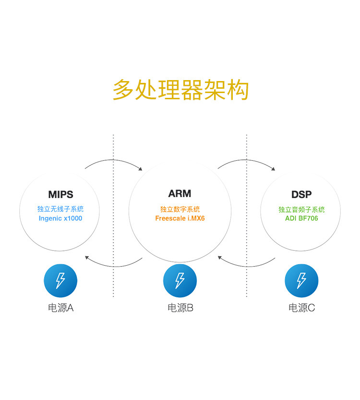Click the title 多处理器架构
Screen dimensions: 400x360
[180, 90]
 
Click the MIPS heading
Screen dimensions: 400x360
[60, 194]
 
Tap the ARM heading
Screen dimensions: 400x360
[180, 193]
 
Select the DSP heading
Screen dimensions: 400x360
[301, 194]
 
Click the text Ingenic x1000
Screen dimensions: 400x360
[60, 218]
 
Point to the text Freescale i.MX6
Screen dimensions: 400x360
[180, 218]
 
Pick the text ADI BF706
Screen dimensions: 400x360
[301, 218]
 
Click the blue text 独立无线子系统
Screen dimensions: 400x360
[60, 209]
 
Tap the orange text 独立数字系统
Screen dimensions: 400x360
[180, 209]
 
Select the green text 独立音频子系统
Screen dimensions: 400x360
[301, 210]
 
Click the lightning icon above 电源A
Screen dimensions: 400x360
[60, 281]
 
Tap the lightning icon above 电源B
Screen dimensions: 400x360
[180, 281]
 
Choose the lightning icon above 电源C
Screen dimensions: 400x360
[301, 281]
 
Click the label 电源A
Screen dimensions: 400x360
[60, 308]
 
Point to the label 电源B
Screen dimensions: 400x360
[180, 308]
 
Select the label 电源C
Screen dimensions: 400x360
[301, 308]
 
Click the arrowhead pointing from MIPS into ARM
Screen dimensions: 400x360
[141, 169]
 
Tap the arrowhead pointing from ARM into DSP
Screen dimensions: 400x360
[273, 169]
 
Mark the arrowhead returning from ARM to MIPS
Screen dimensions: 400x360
[87, 258]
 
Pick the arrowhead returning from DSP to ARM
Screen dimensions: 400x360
[220, 258]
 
